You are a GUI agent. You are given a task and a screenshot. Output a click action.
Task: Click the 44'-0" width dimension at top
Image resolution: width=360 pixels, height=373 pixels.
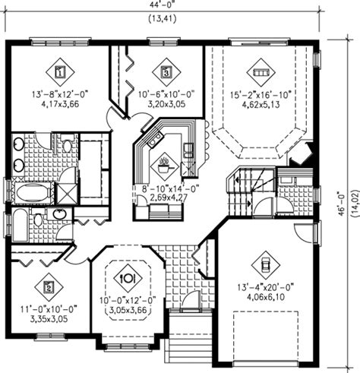(x=163, y=5)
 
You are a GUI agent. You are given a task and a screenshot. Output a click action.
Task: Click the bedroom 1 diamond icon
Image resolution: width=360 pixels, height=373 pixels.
(x=59, y=73)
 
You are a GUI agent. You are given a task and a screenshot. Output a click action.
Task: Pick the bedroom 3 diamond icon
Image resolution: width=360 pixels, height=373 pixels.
(x=166, y=73)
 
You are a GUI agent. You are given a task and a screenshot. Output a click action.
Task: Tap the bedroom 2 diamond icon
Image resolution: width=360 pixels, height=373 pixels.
(x=48, y=287)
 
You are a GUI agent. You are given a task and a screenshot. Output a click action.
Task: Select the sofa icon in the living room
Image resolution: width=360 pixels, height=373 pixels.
(x=262, y=73)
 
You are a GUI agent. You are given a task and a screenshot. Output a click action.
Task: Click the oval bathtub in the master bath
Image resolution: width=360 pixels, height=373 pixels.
(x=28, y=194)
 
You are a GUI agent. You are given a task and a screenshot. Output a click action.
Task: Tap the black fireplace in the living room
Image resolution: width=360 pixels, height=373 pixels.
(x=303, y=154)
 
